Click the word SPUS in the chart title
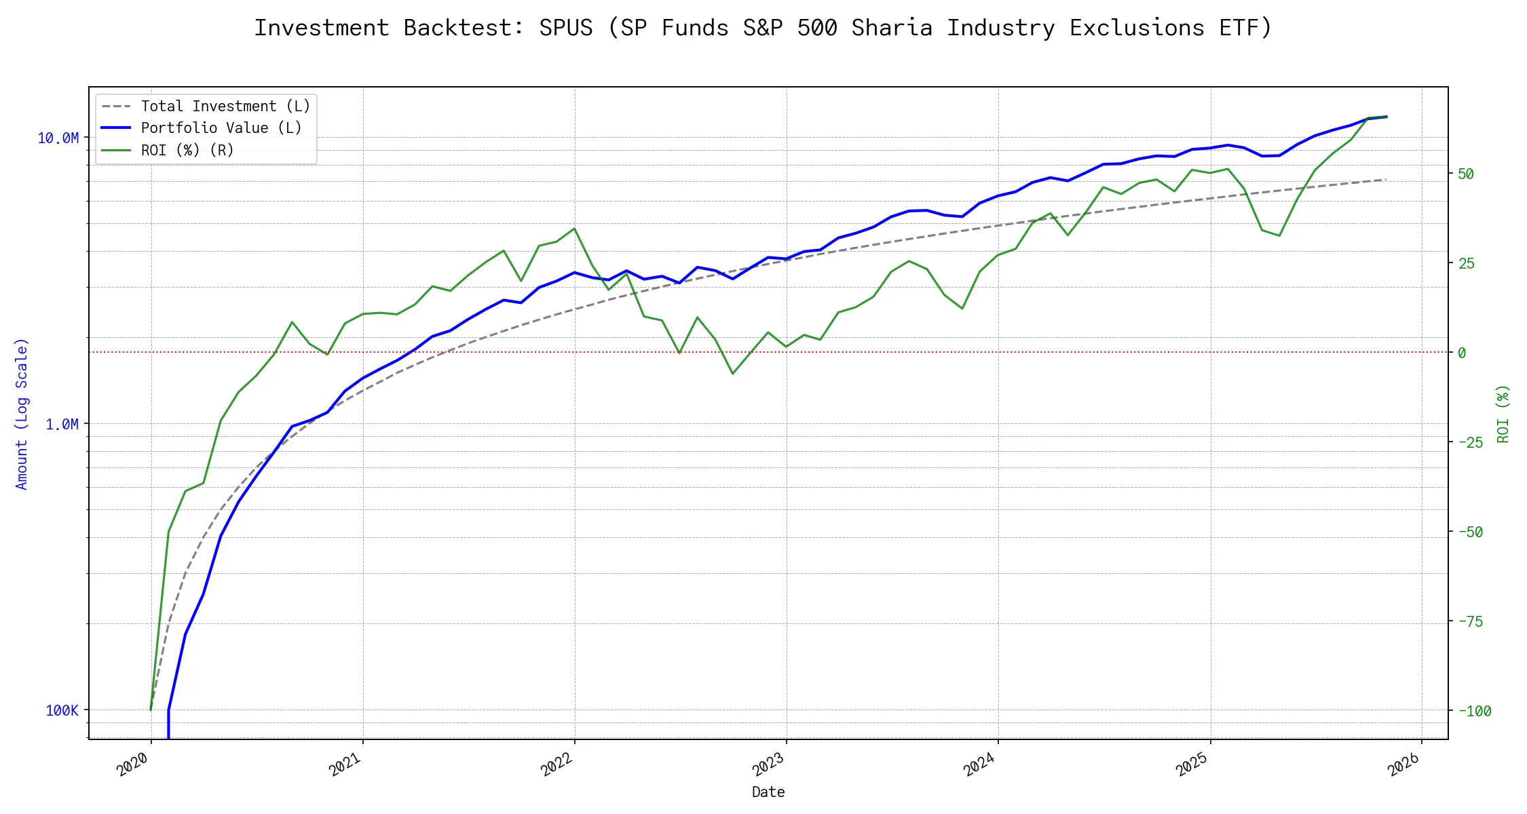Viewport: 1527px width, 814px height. point(565,28)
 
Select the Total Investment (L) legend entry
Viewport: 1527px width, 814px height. point(225,106)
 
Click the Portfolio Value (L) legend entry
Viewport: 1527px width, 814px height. point(221,128)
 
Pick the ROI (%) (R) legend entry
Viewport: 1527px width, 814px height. point(187,150)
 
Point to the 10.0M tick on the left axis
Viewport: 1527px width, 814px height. point(58,138)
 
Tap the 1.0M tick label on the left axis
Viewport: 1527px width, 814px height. point(62,425)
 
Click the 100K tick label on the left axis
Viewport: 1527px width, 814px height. point(62,711)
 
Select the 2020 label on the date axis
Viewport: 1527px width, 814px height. point(132,764)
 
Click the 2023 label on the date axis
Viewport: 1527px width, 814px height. point(768,764)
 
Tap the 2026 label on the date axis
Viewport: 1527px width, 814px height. point(1403,764)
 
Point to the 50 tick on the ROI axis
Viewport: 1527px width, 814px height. point(1466,174)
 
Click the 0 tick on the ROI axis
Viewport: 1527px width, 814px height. point(1462,353)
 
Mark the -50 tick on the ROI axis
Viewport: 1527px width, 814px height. point(1470,532)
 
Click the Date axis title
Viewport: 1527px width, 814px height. point(768,792)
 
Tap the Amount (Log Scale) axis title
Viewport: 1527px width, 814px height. point(22,414)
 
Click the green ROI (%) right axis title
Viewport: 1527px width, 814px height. point(1503,414)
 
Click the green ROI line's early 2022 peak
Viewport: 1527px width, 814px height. point(574,229)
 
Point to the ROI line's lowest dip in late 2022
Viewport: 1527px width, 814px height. point(732,373)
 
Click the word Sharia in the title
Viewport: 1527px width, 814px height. point(892,28)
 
